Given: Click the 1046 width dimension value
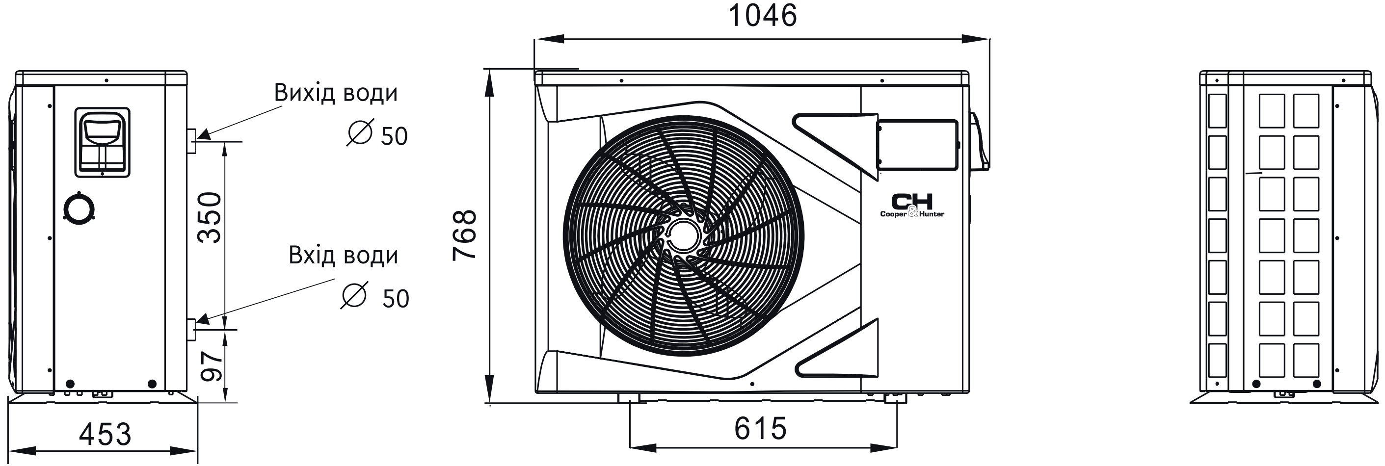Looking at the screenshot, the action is click(x=762, y=16).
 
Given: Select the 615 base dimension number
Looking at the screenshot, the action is click(x=761, y=428).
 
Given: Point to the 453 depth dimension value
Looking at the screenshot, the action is click(x=105, y=434).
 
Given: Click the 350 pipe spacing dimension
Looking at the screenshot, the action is click(x=209, y=218).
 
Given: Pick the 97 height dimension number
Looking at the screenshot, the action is click(x=212, y=366).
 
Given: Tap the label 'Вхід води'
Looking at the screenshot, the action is click(x=344, y=255).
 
